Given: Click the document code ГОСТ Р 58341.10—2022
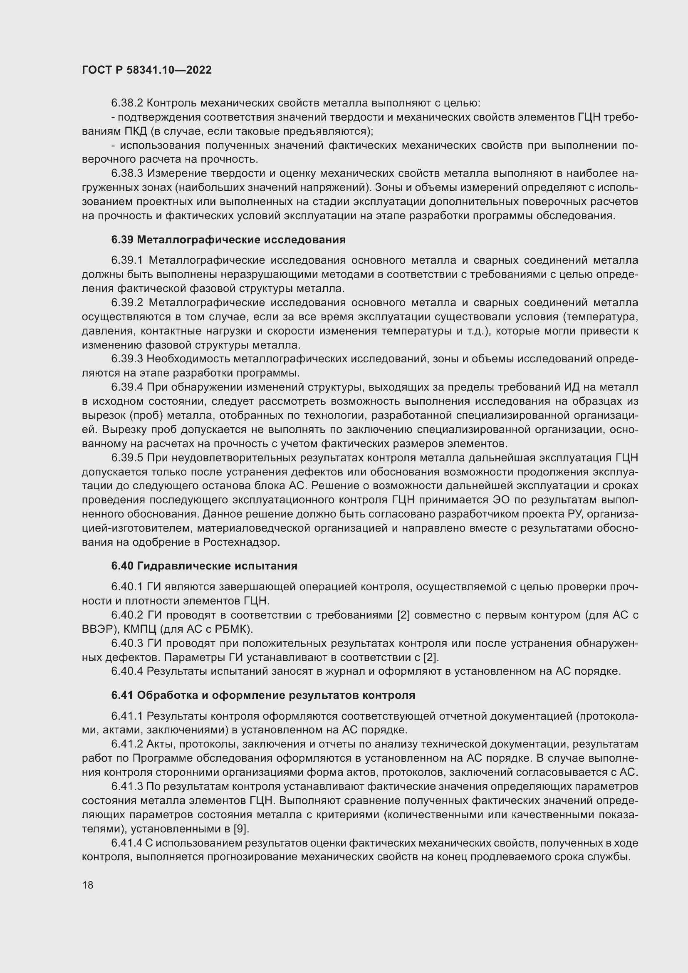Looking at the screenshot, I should [x=146, y=70].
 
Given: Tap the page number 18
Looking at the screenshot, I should [x=88, y=885].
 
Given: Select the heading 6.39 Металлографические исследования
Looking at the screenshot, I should [x=228, y=240].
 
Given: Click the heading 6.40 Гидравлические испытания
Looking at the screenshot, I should [x=204, y=566].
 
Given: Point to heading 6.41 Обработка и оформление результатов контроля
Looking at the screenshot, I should [x=263, y=695].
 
